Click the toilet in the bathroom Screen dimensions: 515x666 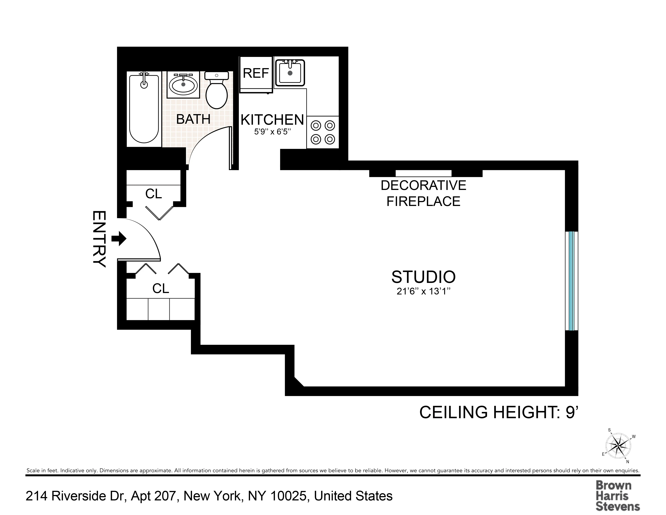point(217,92)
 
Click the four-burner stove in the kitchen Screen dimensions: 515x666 point(323,132)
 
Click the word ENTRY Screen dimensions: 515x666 point(99,239)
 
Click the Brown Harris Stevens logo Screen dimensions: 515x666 point(617,496)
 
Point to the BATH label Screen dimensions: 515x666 point(193,119)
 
